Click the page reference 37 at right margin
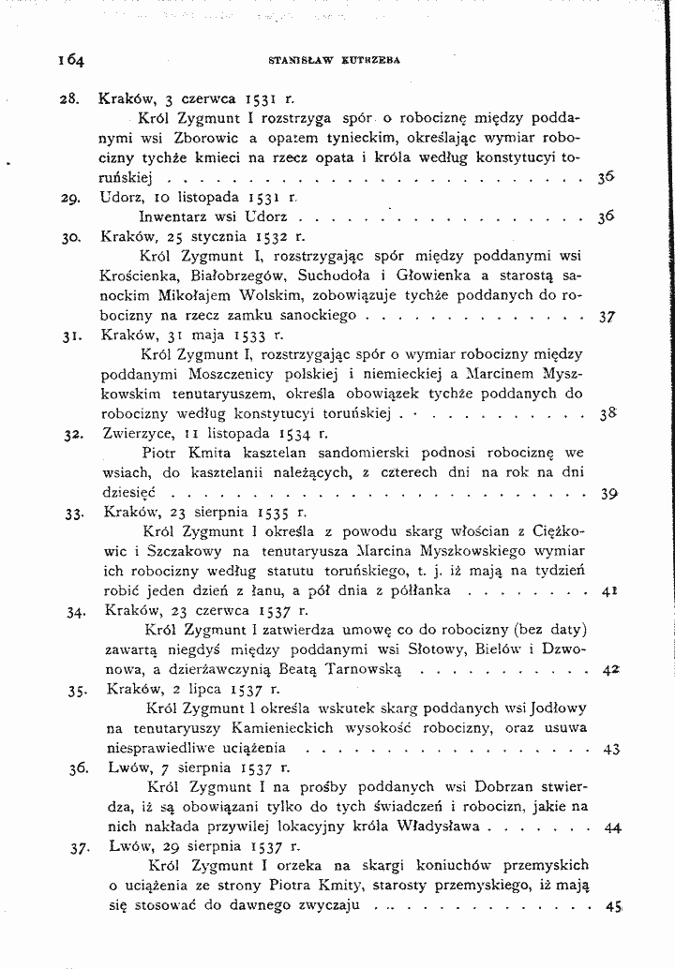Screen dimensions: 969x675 click(x=606, y=317)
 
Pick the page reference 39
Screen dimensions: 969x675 click(x=607, y=493)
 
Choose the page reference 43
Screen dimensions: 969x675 click(x=611, y=749)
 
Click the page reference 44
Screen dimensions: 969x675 click(x=613, y=827)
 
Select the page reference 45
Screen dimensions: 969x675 click(x=614, y=906)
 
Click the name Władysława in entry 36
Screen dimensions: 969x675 click(x=433, y=827)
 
